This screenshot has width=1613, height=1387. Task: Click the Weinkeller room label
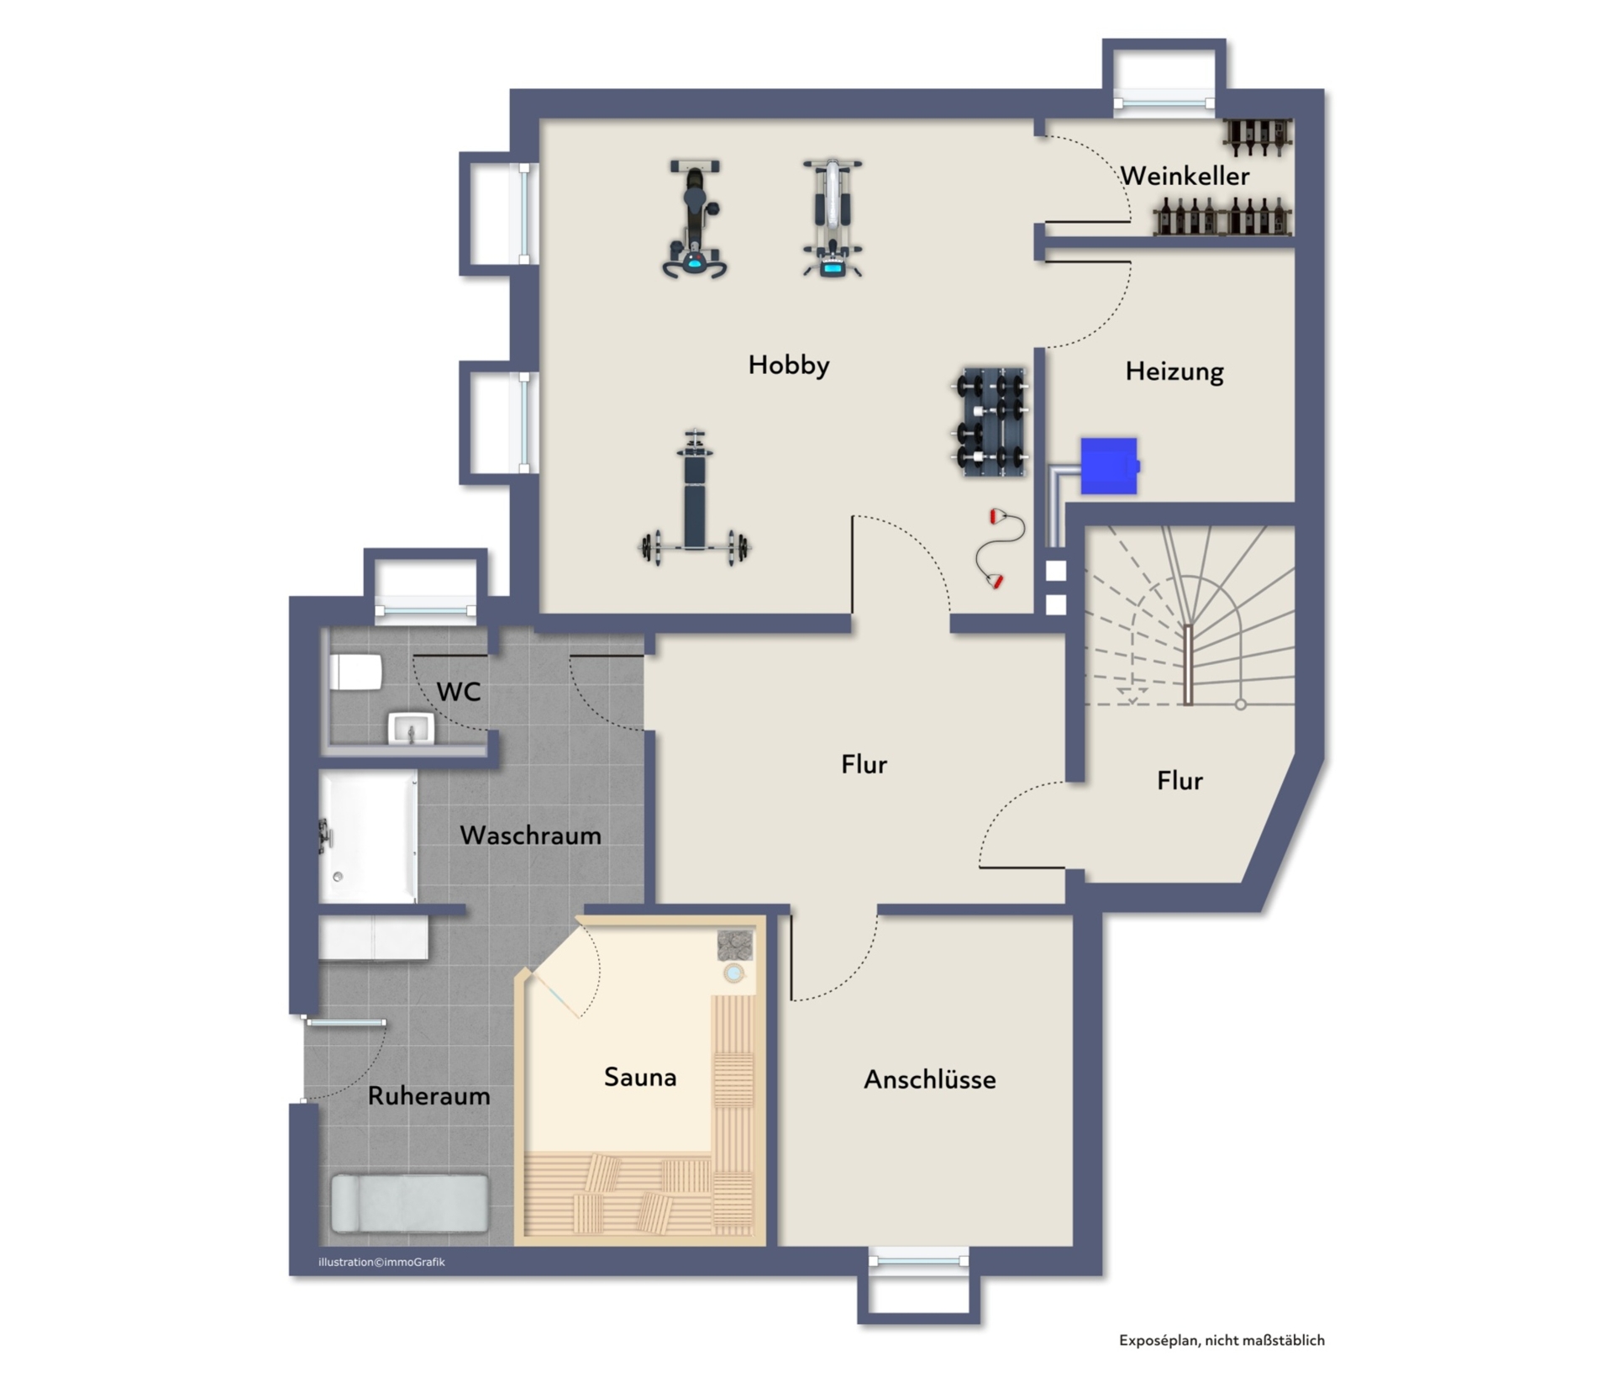pyautogui.click(x=1185, y=176)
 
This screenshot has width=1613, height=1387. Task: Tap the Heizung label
pyautogui.click(x=1174, y=372)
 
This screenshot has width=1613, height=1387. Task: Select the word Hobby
pyautogui.click(x=789, y=365)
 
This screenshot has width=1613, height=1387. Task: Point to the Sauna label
pyautogui.click(x=640, y=1077)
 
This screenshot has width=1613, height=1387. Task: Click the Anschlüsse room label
pyautogui.click(x=930, y=1079)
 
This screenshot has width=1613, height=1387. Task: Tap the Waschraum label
pyautogui.click(x=531, y=836)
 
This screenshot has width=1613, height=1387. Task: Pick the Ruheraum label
pyautogui.click(x=429, y=1096)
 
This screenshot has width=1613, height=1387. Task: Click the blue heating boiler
pyautogui.click(x=1110, y=466)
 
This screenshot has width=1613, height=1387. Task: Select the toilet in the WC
pyautogui.click(x=356, y=672)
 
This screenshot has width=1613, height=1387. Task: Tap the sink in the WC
pyautogui.click(x=411, y=728)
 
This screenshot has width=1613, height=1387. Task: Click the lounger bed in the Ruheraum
pyautogui.click(x=410, y=1204)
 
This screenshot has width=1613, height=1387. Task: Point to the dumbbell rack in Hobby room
pyautogui.click(x=991, y=422)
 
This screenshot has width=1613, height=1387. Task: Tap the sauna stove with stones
pyautogui.click(x=735, y=946)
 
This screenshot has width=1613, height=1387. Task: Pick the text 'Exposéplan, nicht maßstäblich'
pyautogui.click(x=1222, y=1341)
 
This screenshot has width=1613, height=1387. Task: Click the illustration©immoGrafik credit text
pyautogui.click(x=381, y=1262)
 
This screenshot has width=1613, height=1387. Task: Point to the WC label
pyautogui.click(x=459, y=692)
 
